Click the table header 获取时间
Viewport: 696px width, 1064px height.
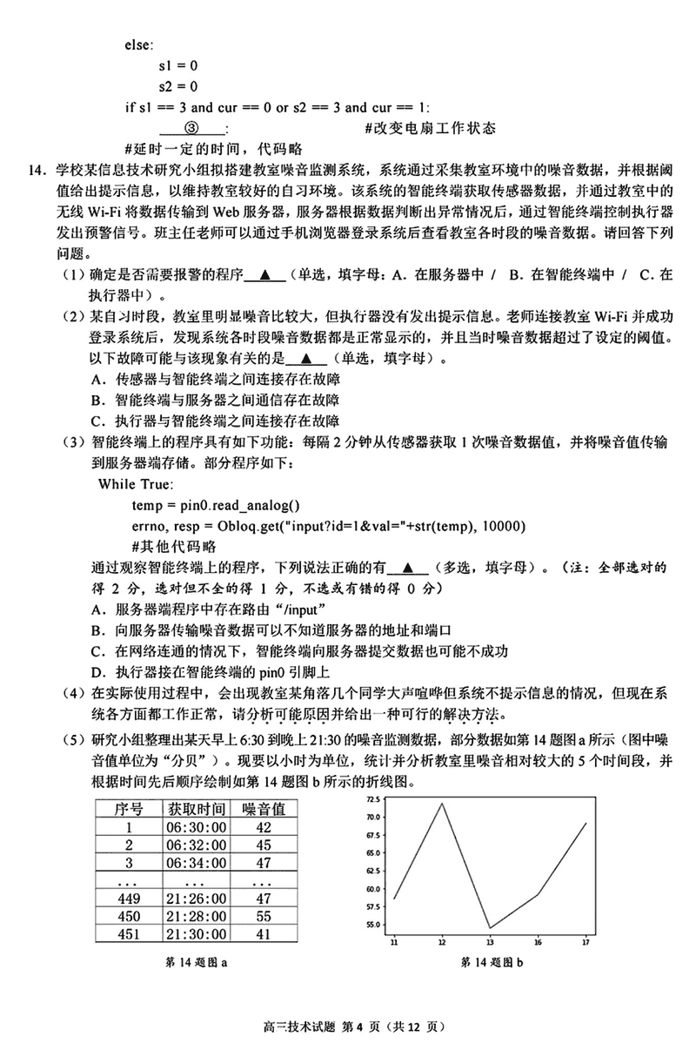click(197, 808)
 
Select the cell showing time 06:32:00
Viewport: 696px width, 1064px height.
click(197, 845)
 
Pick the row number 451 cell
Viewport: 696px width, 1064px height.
click(129, 933)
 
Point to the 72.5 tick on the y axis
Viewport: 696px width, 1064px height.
click(373, 798)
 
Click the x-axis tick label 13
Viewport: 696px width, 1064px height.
click(490, 942)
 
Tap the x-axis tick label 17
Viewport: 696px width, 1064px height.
click(586, 942)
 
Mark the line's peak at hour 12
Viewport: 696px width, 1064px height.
click(442, 803)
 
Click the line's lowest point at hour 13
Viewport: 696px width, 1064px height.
click(490, 927)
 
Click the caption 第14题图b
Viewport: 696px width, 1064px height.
click(492, 962)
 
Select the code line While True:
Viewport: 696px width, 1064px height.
click(136, 484)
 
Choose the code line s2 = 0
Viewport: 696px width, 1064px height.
click(177, 86)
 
